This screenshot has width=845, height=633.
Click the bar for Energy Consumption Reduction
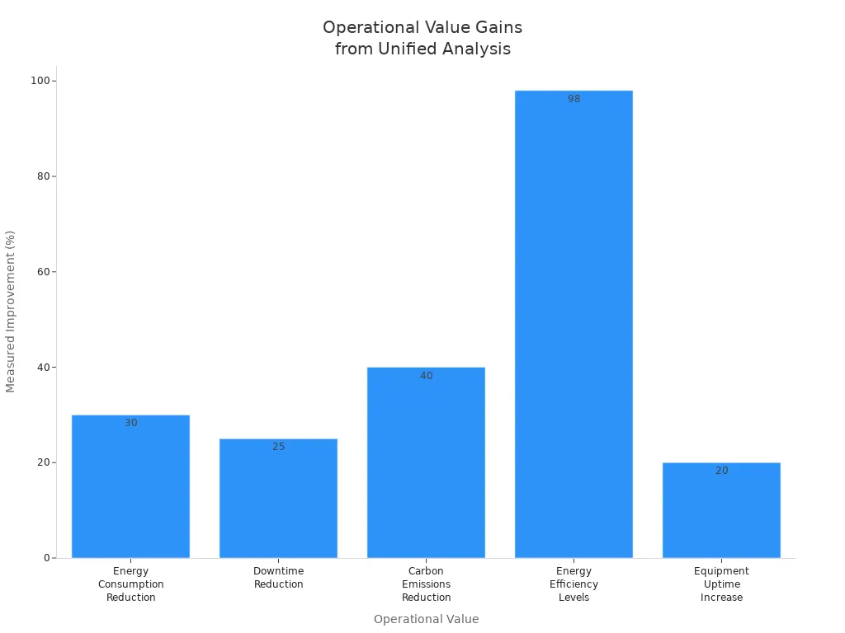coord(130,486)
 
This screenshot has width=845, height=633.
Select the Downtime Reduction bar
coord(278,499)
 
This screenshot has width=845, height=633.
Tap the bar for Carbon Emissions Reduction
coord(426,462)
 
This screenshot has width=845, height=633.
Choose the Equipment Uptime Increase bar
coord(721,510)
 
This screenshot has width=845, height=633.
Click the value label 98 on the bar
coord(574,99)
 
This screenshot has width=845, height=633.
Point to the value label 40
coord(426,376)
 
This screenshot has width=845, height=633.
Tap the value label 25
coord(278,447)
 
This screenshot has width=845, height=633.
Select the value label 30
coord(130,423)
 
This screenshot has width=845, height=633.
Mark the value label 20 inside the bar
coord(721,471)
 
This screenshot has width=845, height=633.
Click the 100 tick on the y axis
coord(39,81)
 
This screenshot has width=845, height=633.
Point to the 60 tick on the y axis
coord(42,272)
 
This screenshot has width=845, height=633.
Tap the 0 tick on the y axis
coord(48,558)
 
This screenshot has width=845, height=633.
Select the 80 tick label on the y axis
coord(42,176)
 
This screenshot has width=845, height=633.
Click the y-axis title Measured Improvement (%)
coord(11,312)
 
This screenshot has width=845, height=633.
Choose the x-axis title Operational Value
coord(426,619)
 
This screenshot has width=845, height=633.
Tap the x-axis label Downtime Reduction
coord(278,578)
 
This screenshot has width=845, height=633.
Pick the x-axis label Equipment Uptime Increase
coord(721,584)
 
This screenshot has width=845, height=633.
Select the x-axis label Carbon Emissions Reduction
coord(426,584)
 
